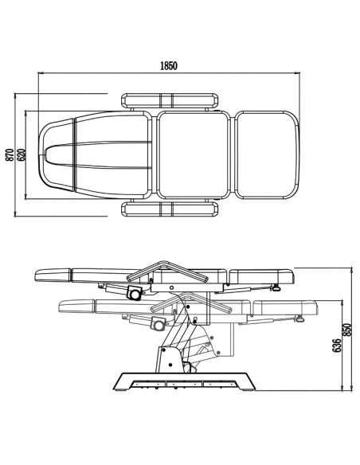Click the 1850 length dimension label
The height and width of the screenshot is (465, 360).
pos(169,65)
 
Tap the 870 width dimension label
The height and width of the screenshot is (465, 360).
pos(10,154)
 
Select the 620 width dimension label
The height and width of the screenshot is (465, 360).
pos(22,154)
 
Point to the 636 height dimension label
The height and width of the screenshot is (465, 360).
pos(336,346)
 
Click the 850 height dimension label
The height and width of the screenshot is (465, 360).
pos(346,330)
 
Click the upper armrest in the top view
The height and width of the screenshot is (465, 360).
pos(170,101)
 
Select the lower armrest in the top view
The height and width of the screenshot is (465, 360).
pos(170,209)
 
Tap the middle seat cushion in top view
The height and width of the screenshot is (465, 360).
pos(193,154)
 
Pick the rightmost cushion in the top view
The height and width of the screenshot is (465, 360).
pos(268,154)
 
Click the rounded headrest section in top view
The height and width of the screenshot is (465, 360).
pos(57,154)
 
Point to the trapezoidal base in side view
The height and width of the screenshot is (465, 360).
pos(184,381)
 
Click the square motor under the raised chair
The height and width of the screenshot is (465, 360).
pos(135,293)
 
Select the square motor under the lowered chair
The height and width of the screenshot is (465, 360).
pos(158,324)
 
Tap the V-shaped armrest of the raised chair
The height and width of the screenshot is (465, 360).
pos(167,271)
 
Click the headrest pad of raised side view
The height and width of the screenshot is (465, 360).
pos(53,275)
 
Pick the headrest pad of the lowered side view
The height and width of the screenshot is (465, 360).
pos(76,307)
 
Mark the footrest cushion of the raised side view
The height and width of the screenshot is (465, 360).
pos(263,275)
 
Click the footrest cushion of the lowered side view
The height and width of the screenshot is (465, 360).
pos(286,307)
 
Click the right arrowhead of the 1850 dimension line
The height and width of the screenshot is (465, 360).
pos(297,72)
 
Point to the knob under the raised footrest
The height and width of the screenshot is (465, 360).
pos(276,287)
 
